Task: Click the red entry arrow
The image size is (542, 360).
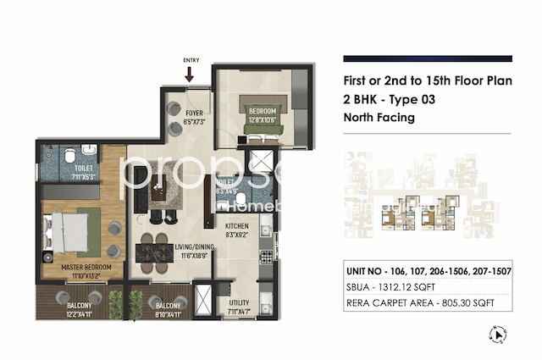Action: [x=189, y=74]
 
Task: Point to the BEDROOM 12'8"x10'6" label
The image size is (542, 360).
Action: [x=262, y=115]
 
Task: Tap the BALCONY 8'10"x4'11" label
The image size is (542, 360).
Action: [x=168, y=309]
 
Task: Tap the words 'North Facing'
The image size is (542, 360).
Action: [x=379, y=118]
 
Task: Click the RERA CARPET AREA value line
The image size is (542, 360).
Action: [x=419, y=302]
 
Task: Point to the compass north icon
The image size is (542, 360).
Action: [x=501, y=335]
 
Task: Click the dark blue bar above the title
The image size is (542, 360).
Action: [x=427, y=58]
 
